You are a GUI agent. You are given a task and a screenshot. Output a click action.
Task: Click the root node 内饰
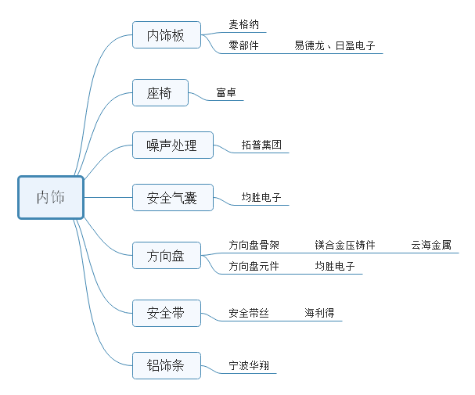point(51,197)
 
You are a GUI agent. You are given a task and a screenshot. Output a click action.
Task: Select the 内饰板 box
point(166,35)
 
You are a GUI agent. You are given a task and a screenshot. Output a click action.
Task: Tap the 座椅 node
point(160,93)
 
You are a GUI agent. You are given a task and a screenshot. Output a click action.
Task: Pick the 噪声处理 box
point(172,145)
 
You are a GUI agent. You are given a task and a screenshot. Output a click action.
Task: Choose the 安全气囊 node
point(172,198)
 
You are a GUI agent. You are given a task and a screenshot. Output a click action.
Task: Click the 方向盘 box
point(166,255)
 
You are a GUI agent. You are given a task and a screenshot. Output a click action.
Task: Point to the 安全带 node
point(166,313)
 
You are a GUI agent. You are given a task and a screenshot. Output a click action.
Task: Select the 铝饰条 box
point(166,364)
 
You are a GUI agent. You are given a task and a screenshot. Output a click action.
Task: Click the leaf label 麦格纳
point(243,25)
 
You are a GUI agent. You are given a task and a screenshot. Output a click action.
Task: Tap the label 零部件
point(243,45)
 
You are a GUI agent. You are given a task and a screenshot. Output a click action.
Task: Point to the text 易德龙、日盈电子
point(335,45)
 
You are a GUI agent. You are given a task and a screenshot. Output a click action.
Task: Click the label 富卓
point(226,93)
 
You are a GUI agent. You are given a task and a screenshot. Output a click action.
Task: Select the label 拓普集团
point(261,145)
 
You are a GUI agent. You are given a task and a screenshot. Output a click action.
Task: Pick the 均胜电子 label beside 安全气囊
point(261,198)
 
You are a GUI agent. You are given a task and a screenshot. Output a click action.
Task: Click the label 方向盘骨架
point(254,245)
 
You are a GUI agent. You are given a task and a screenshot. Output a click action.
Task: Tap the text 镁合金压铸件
point(345,245)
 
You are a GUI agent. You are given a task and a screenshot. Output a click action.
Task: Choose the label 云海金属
point(431,245)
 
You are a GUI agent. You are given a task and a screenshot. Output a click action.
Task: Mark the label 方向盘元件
point(254,266)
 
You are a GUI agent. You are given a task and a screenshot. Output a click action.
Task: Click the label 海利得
point(319,313)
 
